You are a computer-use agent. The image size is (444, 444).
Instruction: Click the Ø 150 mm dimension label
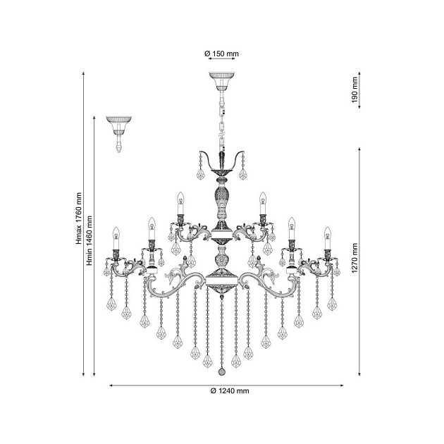222,54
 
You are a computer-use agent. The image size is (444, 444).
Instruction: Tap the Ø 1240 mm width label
230,391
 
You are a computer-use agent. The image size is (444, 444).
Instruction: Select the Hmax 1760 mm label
79,218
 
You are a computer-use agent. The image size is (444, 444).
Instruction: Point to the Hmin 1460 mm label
90,241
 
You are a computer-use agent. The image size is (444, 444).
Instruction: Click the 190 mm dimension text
354,90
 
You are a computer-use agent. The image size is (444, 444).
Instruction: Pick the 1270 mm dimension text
354,258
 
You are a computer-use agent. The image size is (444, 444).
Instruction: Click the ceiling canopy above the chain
222,81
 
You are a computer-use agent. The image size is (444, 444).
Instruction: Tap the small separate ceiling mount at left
119,134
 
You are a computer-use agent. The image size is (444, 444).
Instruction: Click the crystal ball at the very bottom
222,371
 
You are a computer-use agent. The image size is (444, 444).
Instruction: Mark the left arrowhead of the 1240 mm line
111,386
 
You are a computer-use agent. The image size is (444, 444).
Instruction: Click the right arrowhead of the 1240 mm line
342,386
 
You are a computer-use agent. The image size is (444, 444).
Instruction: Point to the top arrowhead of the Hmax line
84,74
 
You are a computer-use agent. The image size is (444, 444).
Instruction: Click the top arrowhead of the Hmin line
94,118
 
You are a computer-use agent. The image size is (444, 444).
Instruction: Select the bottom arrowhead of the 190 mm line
359,106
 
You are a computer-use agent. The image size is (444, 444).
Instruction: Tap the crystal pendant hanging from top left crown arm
200,175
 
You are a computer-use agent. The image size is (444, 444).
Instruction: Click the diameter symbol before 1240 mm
214,391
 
